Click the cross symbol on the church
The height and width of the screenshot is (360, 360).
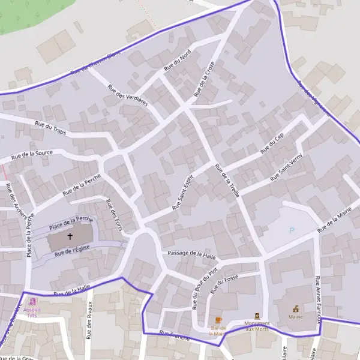pyautogui.click(x=70, y=237)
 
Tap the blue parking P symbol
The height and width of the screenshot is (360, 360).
pyautogui.click(x=292, y=230)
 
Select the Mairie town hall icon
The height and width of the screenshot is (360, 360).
pyautogui.click(x=295, y=308)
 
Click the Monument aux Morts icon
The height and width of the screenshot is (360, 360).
pyautogui.click(x=257, y=316)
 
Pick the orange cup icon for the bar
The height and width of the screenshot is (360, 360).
pyautogui.click(x=218, y=320)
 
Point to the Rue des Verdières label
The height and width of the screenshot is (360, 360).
pyautogui.click(x=128, y=95)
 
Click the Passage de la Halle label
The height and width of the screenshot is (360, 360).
pyautogui.click(x=191, y=254)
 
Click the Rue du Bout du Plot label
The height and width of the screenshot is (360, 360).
pyautogui.click(x=204, y=289)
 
